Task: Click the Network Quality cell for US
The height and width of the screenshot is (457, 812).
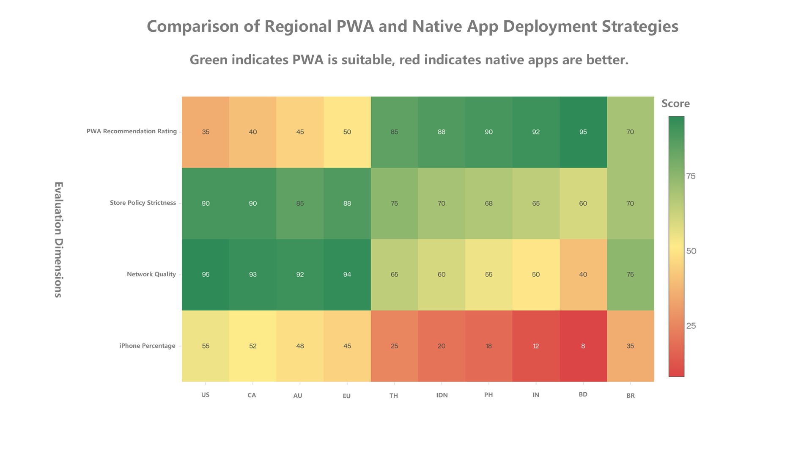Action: [x=206, y=275]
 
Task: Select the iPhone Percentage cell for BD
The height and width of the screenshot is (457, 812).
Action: [x=583, y=346]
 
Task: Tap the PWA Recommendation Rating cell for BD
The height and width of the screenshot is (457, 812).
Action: [x=583, y=132]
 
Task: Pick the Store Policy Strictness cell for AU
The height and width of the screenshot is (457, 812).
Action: [x=300, y=204]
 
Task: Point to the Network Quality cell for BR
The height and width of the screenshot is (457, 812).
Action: [x=630, y=275]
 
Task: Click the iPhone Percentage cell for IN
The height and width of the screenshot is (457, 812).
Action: [x=536, y=346]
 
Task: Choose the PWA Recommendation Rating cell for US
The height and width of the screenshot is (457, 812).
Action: [x=206, y=132]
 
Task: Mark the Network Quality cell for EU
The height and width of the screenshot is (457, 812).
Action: [x=347, y=275]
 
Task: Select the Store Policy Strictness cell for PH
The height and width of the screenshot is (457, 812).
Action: [x=488, y=204]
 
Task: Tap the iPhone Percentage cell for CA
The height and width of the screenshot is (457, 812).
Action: [x=253, y=346]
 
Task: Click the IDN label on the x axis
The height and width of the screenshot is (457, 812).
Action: [x=442, y=395]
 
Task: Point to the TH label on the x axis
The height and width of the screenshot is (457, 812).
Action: [x=394, y=396]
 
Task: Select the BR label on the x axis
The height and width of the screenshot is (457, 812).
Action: [x=631, y=396]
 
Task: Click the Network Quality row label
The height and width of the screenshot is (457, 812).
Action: [x=151, y=274]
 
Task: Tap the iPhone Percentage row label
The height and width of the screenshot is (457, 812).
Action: [x=147, y=346]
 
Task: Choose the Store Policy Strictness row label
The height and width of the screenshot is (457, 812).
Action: [x=143, y=203]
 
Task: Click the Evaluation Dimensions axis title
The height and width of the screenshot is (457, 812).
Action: [x=58, y=240]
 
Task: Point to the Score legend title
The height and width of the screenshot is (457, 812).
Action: [x=675, y=104]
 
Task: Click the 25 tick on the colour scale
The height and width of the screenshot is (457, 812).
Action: [x=691, y=326]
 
